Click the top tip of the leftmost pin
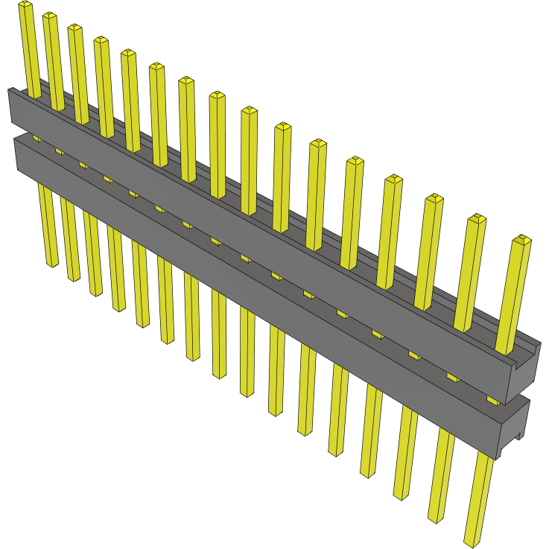tap(25, 5)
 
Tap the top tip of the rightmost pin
tap(522, 240)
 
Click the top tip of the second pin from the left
tap(50, 16)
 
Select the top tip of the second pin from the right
tap(477, 218)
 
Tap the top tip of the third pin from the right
tap(434, 198)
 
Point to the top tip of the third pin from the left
tap(75, 28)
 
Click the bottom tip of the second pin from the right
tap(436, 517)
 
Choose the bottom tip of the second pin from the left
tap(74, 279)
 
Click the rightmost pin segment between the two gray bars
tap(492, 400)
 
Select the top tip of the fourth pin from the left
tap(101, 39)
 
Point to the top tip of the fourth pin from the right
tap(393, 179)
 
